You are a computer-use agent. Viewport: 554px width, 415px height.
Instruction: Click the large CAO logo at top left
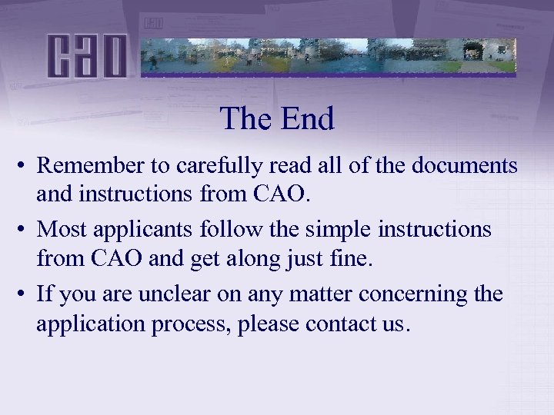pos(86,56)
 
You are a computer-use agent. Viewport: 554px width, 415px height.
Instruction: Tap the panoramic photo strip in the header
pos(329,56)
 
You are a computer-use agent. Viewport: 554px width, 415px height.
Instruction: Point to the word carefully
pos(211,165)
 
